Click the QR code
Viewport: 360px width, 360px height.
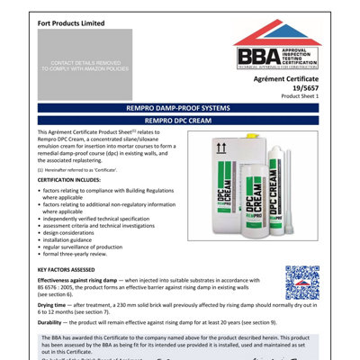click(x=301, y=283)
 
